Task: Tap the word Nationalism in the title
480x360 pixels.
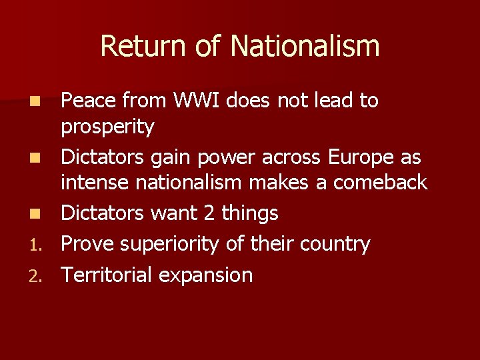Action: click(x=305, y=46)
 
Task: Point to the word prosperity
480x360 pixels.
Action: click(x=107, y=127)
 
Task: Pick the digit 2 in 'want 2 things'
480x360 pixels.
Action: click(x=209, y=214)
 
